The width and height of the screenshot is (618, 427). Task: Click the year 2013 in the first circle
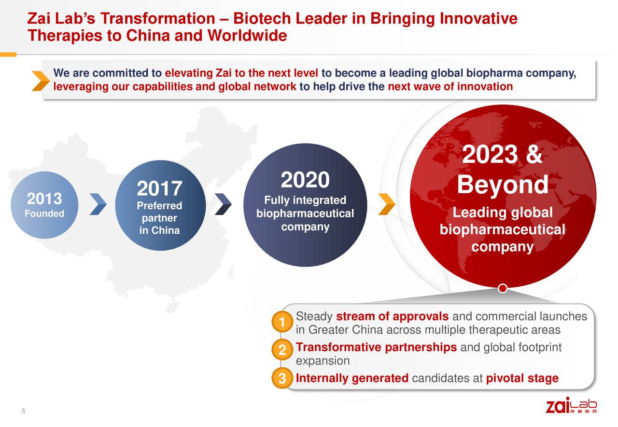44,199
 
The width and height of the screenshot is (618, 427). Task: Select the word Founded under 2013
44,214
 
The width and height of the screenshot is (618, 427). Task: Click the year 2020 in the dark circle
305,181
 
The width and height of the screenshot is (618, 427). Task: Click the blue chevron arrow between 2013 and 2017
98,204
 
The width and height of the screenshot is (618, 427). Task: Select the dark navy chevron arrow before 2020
223,204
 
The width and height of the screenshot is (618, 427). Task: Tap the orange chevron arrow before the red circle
387,204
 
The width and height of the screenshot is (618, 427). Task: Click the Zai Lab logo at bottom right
571,406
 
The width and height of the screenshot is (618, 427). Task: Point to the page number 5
23,411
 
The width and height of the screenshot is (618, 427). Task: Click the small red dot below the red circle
502,289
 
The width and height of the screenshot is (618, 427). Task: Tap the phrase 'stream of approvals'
392,317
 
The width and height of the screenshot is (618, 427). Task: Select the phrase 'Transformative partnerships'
376,347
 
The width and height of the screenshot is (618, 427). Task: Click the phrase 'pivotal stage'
522,378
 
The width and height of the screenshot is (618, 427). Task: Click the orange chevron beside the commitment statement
41,80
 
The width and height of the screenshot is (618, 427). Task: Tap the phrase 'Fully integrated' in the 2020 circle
305,200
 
